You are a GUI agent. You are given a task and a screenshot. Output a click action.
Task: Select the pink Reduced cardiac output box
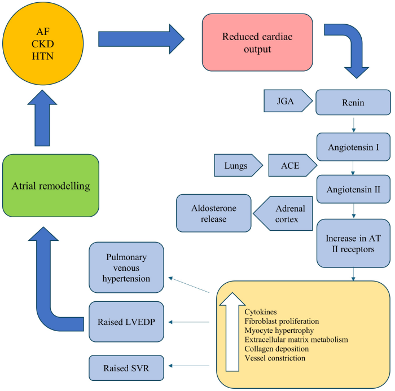point(257,42)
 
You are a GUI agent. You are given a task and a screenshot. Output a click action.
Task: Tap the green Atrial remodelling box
point(50,184)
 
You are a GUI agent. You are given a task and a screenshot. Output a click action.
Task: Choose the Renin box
point(353,103)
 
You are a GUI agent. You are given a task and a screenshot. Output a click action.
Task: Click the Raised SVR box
point(127,367)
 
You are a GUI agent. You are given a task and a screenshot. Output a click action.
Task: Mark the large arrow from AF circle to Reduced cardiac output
point(141,38)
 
